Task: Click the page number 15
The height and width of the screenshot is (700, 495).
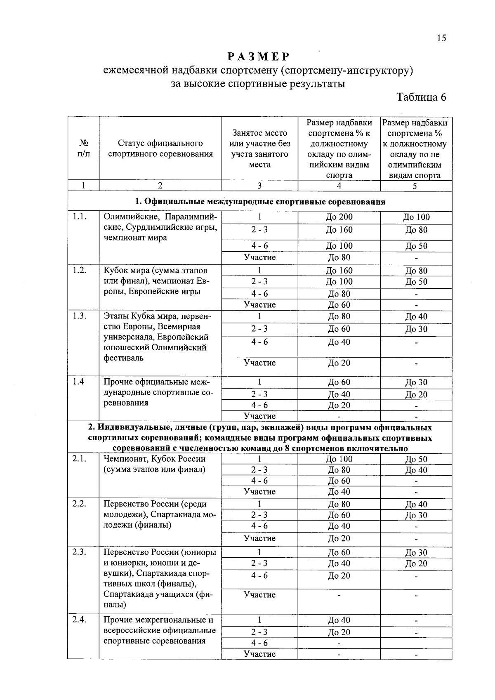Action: [441, 38]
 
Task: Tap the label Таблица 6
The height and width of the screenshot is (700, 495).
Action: [421, 97]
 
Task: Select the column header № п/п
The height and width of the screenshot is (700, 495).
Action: [83, 148]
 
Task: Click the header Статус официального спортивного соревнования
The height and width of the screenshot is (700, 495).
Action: [160, 148]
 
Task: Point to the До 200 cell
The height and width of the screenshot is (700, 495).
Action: [339, 217]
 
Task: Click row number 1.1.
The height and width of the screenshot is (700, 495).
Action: [79, 217]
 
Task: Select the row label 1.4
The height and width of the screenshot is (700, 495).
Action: [78, 382]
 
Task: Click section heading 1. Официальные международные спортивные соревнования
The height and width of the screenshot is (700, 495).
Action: [260, 202]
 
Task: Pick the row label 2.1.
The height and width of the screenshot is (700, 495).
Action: [79, 459]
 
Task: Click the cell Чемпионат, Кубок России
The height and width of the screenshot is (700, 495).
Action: [155, 464]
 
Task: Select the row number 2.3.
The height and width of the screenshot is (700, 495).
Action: [79, 552]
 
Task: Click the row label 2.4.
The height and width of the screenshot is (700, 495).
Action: [79, 620]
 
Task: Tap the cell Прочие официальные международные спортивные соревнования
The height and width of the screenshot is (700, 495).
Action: [158, 392]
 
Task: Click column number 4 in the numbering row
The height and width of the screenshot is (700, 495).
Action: [339, 186]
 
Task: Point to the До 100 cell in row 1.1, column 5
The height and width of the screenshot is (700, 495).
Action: [416, 217]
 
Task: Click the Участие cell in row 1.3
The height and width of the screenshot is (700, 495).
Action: [259, 363]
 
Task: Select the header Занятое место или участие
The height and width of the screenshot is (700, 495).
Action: [259, 148]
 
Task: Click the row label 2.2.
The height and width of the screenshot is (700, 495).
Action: [79, 504]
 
